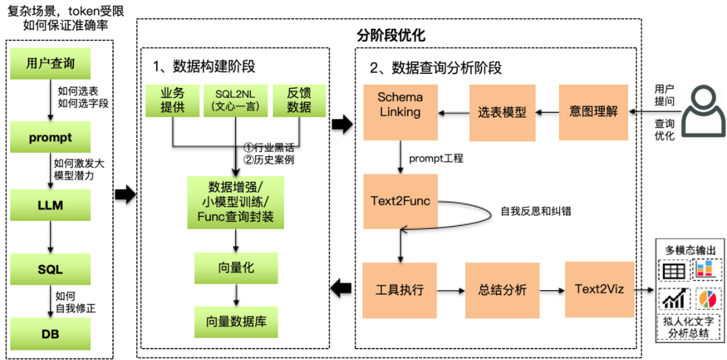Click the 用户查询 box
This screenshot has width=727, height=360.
pyautogui.click(x=50, y=64)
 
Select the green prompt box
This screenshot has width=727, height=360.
pyautogui.click(x=50, y=137)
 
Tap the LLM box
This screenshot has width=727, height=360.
pyautogui.click(x=50, y=205)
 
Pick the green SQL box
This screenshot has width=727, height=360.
pyautogui.click(x=50, y=269)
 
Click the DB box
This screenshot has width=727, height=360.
pyautogui.click(x=50, y=334)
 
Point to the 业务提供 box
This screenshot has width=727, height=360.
pyautogui.click(x=172, y=100)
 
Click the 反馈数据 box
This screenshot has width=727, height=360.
pyautogui.click(x=299, y=100)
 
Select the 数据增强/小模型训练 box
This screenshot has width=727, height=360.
pyautogui.click(x=236, y=202)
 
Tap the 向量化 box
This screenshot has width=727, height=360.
pyautogui.click(x=236, y=268)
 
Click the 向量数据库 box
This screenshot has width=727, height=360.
pyautogui.click(x=236, y=321)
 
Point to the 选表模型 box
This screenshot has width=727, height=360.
pyautogui.click(x=502, y=112)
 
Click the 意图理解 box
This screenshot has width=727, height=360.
pyautogui.click(x=594, y=112)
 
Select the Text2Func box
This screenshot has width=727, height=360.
pyautogui.click(x=401, y=201)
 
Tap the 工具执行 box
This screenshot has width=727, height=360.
pyautogui.click(x=400, y=290)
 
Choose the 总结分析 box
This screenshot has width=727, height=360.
pyautogui.click(x=502, y=290)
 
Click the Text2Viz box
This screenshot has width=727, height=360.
pyautogui.click(x=599, y=289)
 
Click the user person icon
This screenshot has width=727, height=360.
pyautogui.click(x=703, y=111)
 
